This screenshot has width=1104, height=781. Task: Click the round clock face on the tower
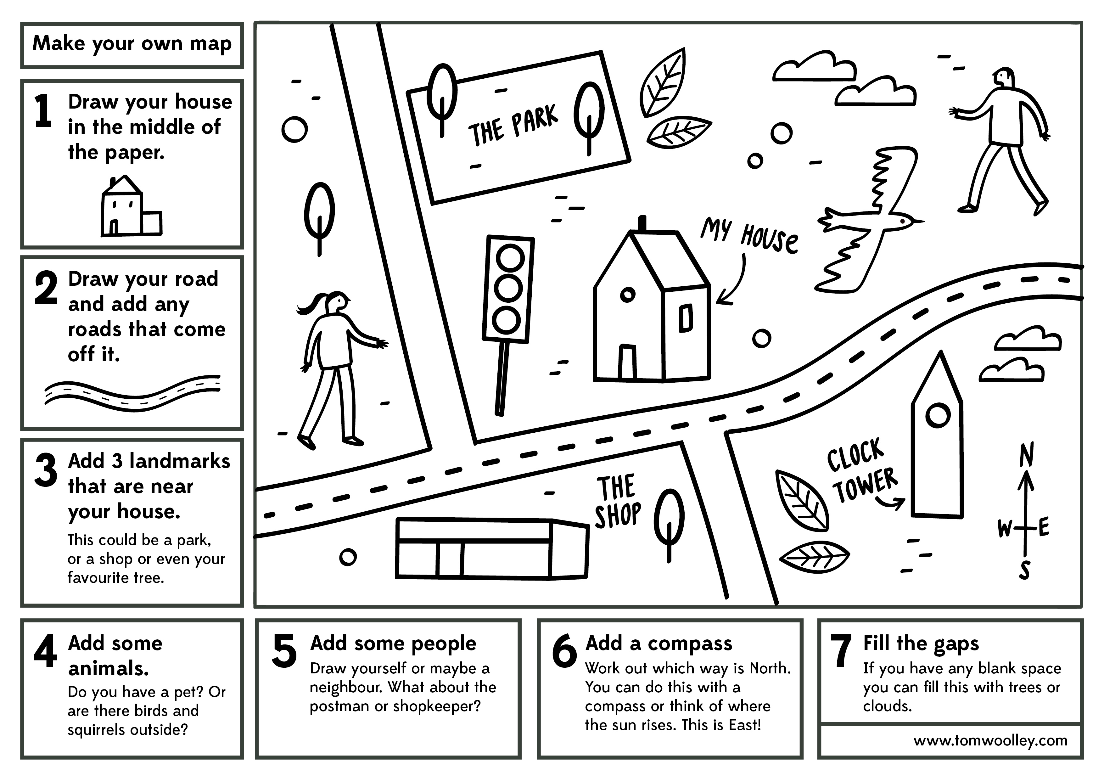(x=938, y=415)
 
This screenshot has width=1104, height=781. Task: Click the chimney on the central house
(x=642, y=224)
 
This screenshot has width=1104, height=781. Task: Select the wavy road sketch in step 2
(x=132, y=393)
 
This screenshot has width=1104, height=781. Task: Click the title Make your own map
(x=132, y=44)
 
